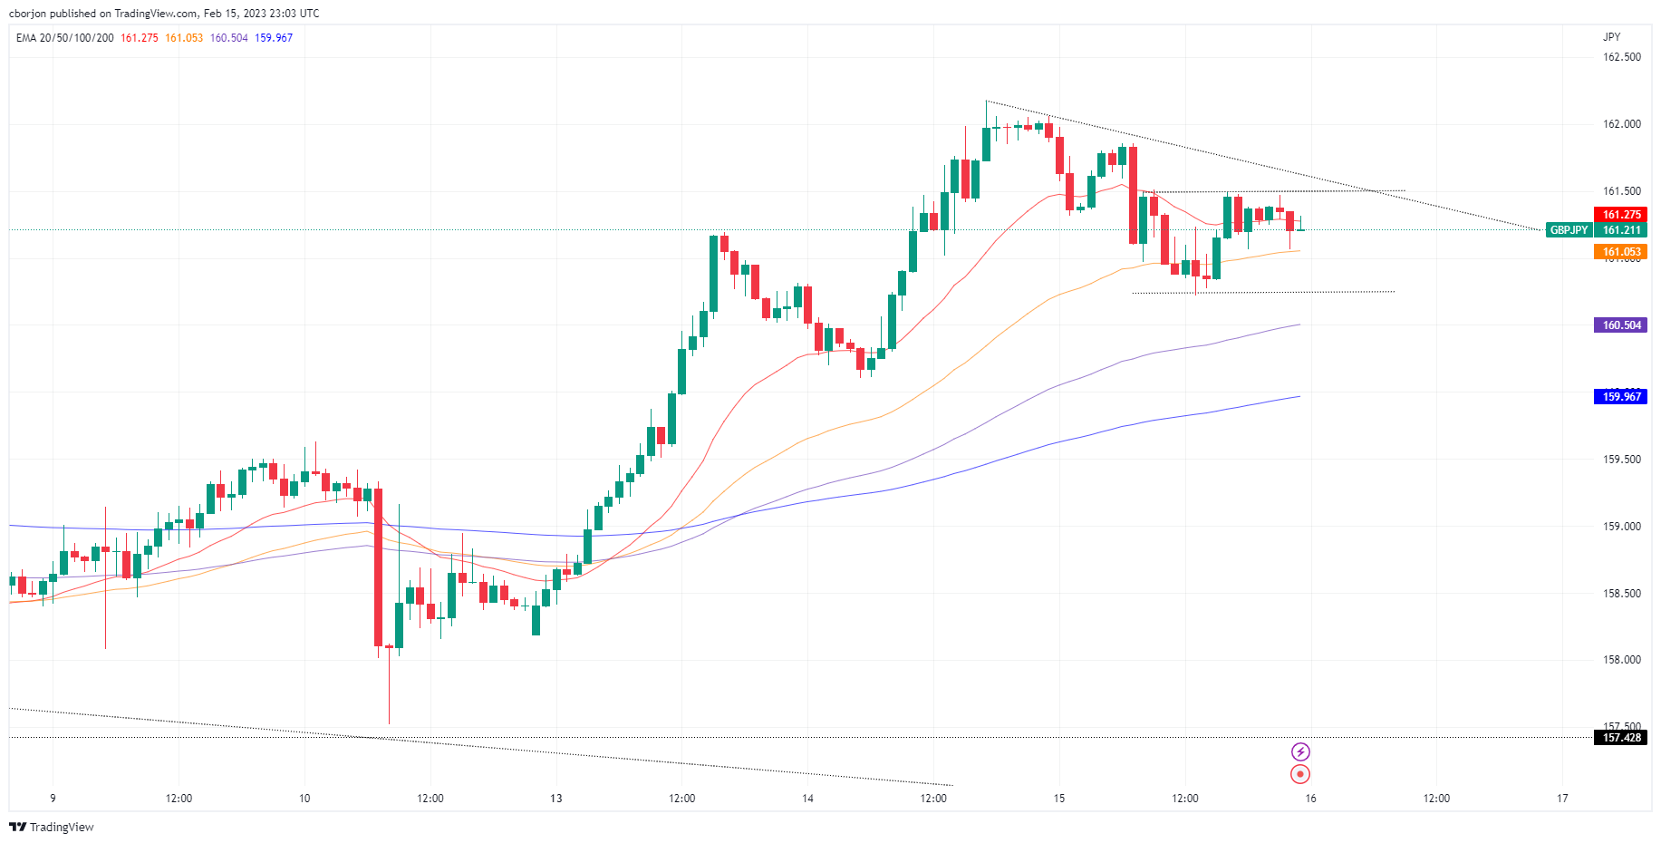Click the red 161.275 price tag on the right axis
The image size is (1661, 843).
(1621, 215)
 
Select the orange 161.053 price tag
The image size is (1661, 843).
(1621, 252)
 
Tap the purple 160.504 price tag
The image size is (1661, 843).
(1621, 325)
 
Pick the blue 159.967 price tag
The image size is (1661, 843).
(1621, 396)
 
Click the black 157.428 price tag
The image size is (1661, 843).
(1621, 738)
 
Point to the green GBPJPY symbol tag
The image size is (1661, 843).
(1569, 230)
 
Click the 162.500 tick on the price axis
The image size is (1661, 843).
(1621, 57)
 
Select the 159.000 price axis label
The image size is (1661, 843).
(1621, 527)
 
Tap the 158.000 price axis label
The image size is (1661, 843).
(1621, 660)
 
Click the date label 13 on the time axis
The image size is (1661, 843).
(555, 799)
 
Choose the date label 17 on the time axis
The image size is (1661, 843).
(1562, 799)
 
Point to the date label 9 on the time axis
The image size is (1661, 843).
(53, 799)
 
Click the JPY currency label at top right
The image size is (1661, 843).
(1611, 37)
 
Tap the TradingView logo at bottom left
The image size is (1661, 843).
(52, 827)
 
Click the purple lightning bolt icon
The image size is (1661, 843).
(1300, 751)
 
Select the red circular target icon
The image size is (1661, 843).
(1300, 774)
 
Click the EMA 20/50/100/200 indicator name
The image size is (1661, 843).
(65, 38)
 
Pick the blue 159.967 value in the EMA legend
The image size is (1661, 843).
(274, 38)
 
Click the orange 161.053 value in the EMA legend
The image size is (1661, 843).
(184, 38)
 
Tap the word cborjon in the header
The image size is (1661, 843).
(27, 14)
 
